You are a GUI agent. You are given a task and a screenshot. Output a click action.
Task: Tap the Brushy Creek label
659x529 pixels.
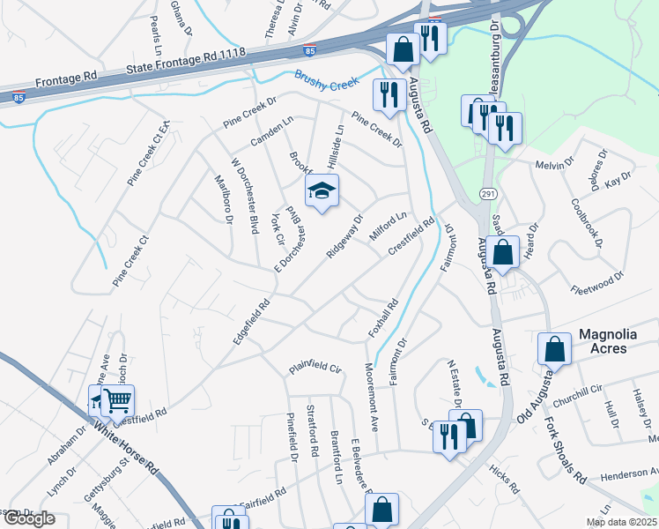pyautogui.click(x=328, y=82)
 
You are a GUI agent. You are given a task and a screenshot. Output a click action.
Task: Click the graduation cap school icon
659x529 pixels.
pyautogui.click(x=322, y=190)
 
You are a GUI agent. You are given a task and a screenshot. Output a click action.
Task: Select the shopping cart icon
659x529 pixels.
pyautogui.click(x=116, y=401)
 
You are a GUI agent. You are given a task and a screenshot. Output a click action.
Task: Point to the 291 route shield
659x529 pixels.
pyautogui.click(x=485, y=193)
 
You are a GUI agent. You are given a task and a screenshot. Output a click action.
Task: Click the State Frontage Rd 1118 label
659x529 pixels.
pyautogui.click(x=184, y=58)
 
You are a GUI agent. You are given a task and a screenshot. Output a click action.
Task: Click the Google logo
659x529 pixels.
pyautogui.click(x=29, y=518)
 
